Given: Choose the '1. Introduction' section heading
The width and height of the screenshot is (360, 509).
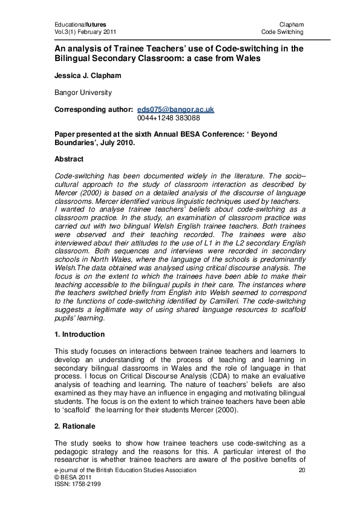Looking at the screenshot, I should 79,334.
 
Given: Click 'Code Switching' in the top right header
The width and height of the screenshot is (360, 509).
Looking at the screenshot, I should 282,31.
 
